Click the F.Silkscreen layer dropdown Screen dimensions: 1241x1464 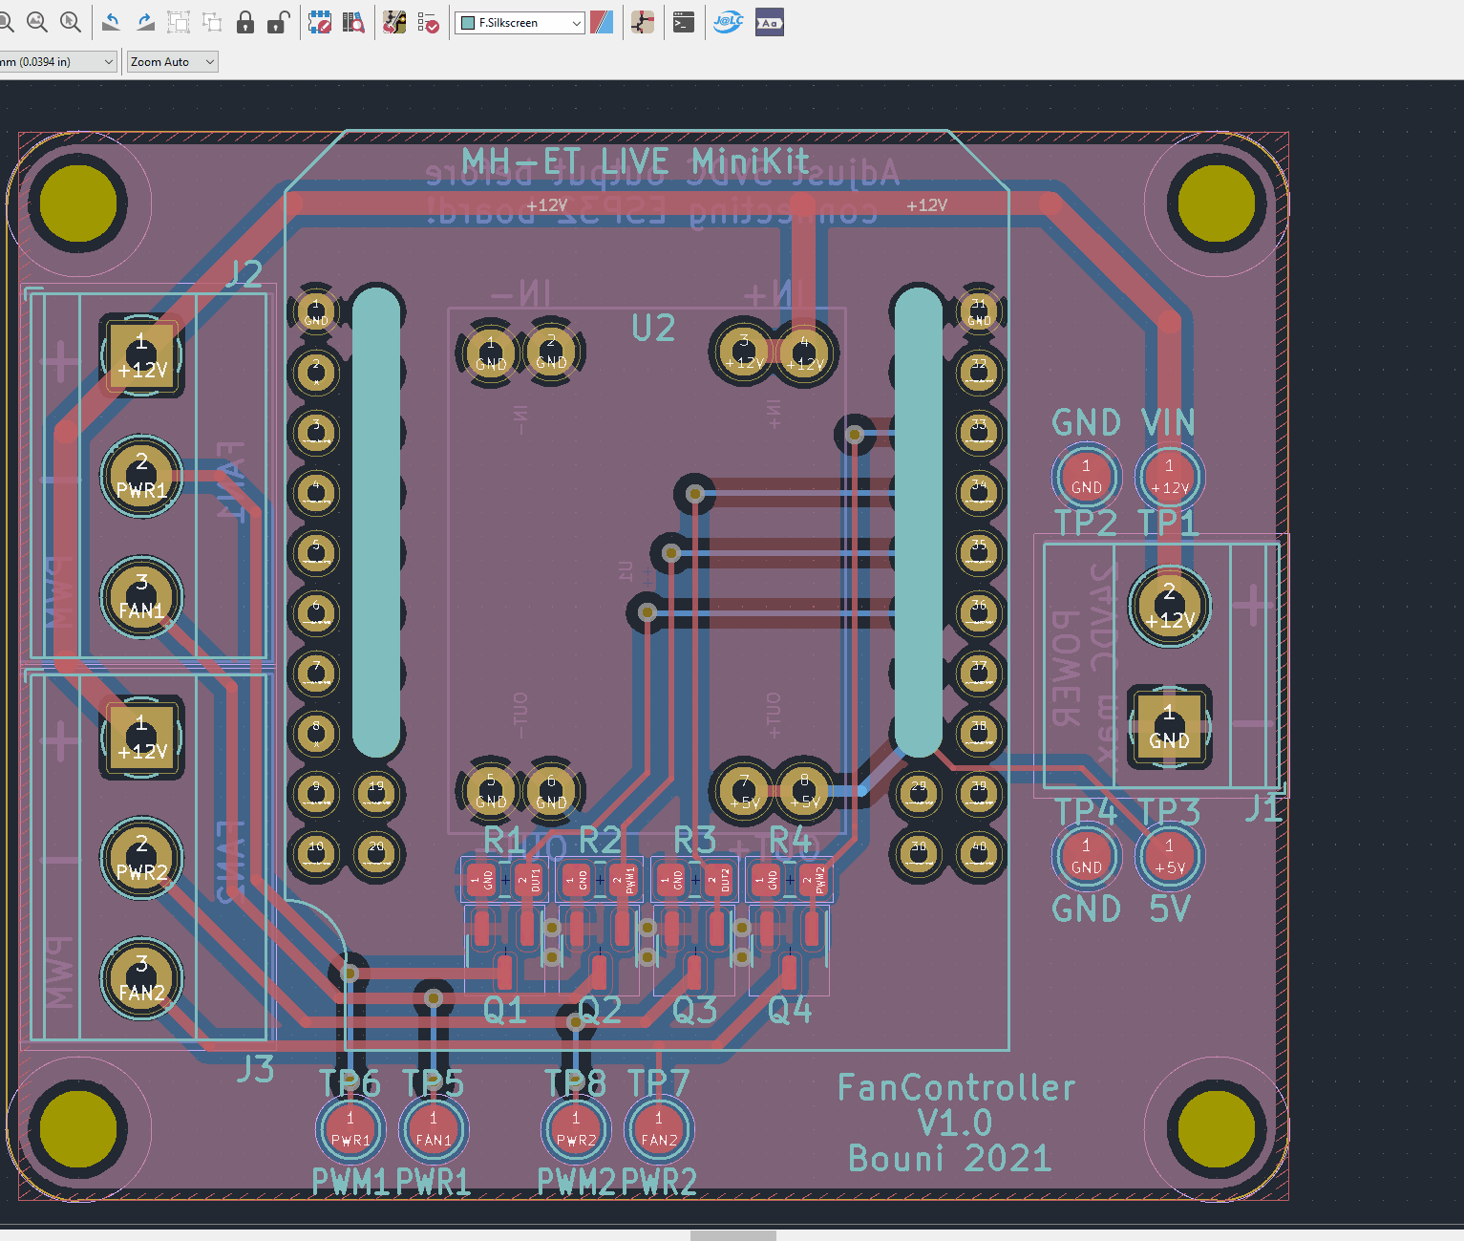[x=520, y=23]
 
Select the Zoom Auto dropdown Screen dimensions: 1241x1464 [x=173, y=62]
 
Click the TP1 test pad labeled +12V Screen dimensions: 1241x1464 [x=1169, y=476]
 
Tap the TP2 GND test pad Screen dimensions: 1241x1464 [x=1086, y=476]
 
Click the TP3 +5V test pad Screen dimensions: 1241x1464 [x=1169, y=856]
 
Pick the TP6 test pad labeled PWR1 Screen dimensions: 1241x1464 [x=350, y=1128]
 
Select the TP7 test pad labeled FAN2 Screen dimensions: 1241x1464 [x=659, y=1128]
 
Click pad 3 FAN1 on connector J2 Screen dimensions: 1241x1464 [x=141, y=596]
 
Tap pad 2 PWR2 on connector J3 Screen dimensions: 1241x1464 [x=141, y=858]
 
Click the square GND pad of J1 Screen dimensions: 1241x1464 [x=1169, y=727]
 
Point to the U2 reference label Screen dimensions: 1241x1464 [x=653, y=329]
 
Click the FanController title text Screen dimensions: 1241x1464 [x=956, y=1088]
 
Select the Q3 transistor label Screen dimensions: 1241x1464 [x=694, y=1010]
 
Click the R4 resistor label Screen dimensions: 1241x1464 [x=790, y=841]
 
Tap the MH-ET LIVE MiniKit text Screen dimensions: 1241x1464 [x=635, y=161]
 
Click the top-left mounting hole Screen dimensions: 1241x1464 [x=78, y=203]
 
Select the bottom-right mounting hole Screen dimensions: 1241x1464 [x=1216, y=1128]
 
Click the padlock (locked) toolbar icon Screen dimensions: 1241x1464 [x=245, y=23]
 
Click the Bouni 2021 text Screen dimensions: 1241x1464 [x=949, y=1159]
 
